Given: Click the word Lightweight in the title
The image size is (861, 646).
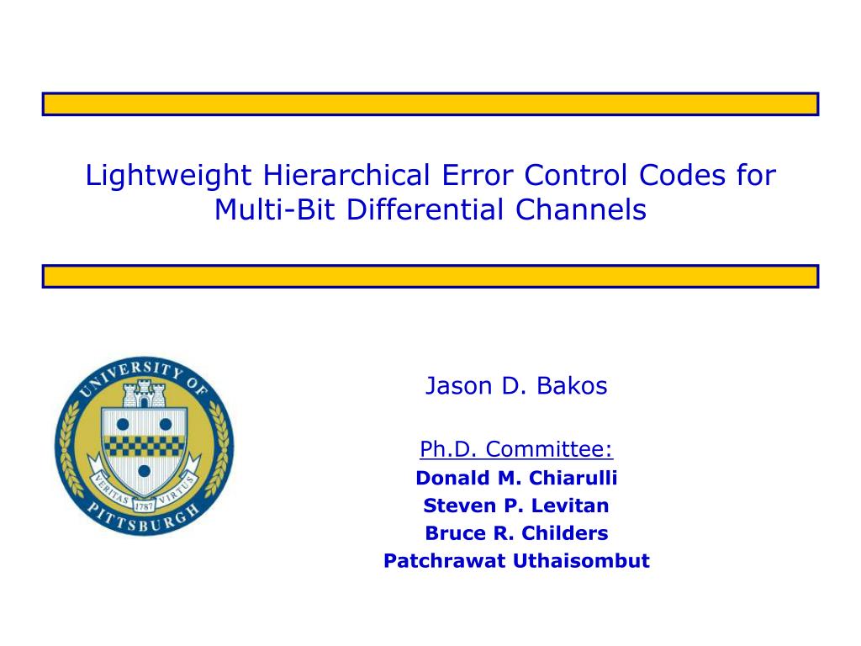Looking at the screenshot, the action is coord(168,176).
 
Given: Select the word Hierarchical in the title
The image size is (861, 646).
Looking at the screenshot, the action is coord(346,175).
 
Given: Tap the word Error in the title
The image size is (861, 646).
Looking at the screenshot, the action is coord(477,176).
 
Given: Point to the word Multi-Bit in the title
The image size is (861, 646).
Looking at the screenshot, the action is coord(274,209).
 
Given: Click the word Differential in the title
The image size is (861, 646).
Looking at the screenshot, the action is coord(425,209).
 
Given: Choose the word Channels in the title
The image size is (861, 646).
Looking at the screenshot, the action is coord(581,209).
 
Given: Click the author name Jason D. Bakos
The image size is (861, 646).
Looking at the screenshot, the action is coord(516,385).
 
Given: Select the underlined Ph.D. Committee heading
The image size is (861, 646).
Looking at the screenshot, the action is coord(516,449).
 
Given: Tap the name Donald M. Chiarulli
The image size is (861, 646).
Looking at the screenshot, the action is coord(516,478).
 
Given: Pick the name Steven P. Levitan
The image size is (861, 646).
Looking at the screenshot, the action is coord(516,506).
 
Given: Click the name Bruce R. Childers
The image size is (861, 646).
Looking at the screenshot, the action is coord(516,532).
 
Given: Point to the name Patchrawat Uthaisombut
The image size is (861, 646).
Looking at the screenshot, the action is coord(516,561).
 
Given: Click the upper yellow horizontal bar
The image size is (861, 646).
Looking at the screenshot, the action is coord(430,103).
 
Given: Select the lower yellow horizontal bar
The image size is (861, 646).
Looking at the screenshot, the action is coord(430,276).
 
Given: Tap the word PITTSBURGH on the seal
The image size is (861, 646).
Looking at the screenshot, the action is coord(144,518).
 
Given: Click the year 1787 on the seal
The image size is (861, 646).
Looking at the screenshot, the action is coord(144,506).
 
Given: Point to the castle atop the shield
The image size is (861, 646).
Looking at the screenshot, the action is coord(144,394).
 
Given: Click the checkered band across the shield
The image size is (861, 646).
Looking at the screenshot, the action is coord(144,446).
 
